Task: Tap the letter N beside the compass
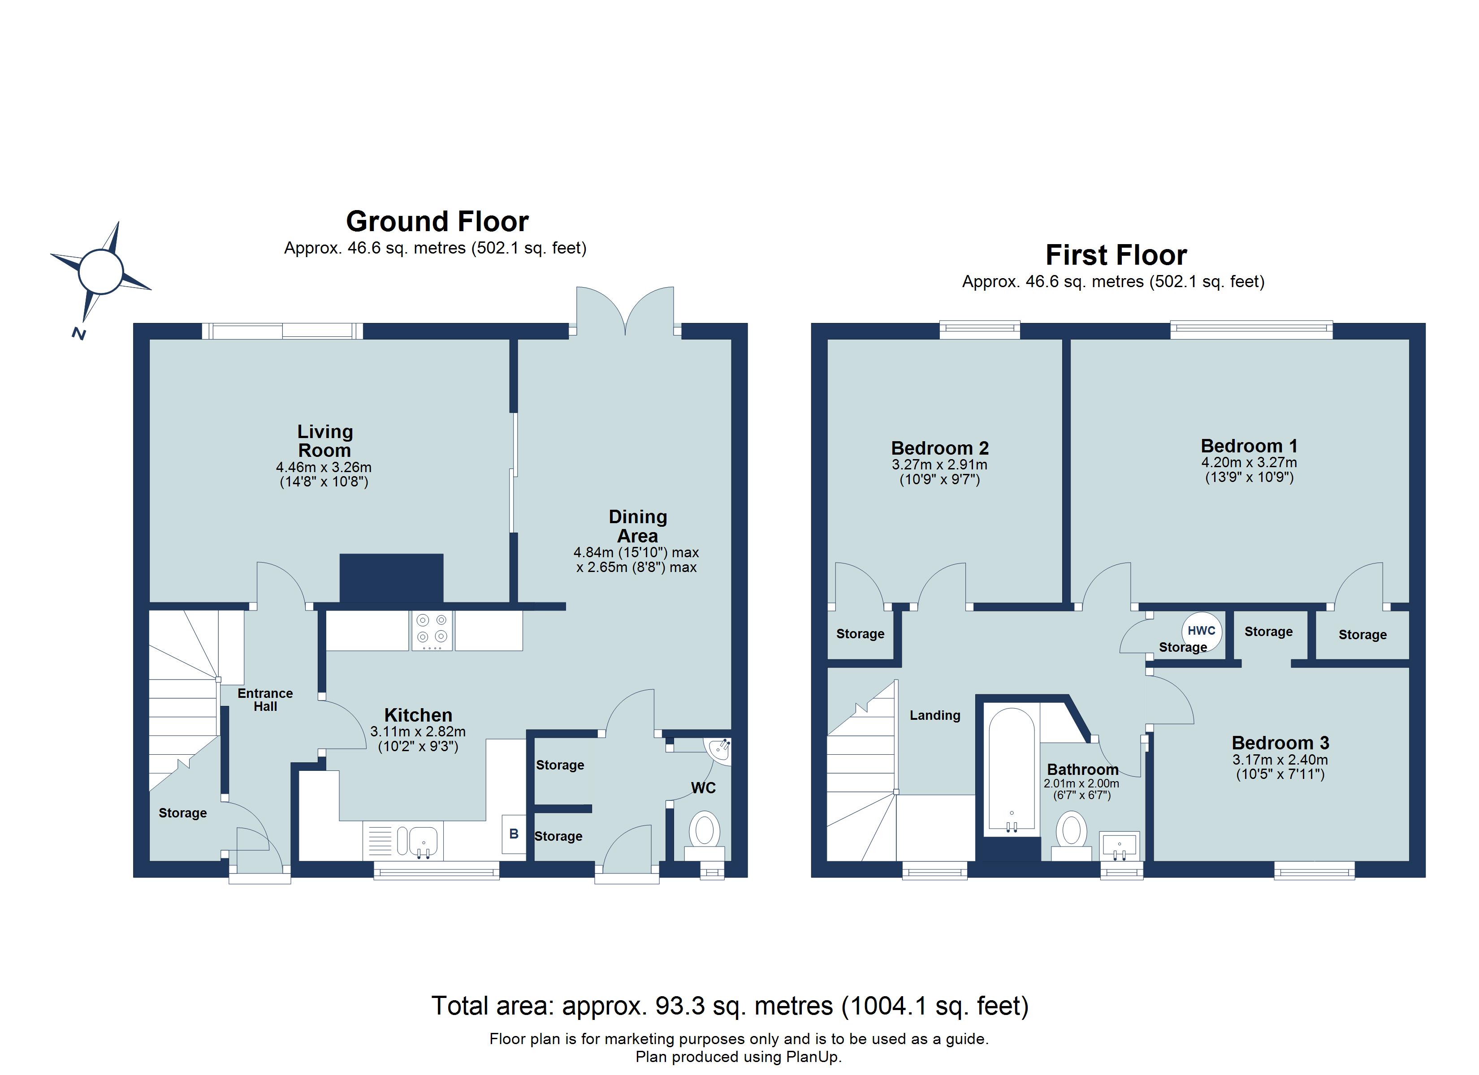coord(79,333)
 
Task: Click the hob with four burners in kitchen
coord(432,630)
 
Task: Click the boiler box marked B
coord(513,834)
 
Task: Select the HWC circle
coord(1201,630)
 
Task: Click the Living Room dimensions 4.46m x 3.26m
coord(324,468)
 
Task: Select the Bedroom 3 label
coord(1280,743)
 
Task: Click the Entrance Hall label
coord(265,700)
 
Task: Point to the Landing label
coord(934,715)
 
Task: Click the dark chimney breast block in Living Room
coord(391,578)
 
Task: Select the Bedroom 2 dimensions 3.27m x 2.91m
coord(939,465)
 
